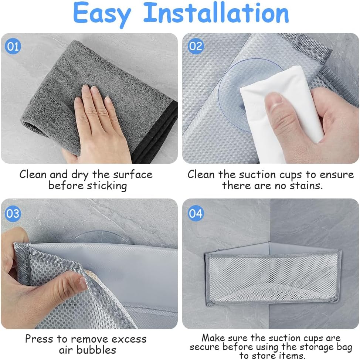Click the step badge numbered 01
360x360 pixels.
[x=13, y=47]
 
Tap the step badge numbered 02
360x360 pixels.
[x=196, y=46]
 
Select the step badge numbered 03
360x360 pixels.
[x=13, y=214]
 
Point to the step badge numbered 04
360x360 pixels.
[x=196, y=213]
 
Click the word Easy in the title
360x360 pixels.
[x=102, y=14]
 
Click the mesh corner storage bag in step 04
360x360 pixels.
[x=273, y=276]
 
